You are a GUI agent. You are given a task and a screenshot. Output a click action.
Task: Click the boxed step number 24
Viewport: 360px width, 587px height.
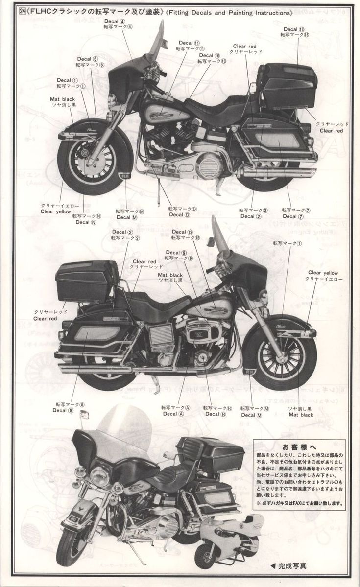(21, 12)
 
